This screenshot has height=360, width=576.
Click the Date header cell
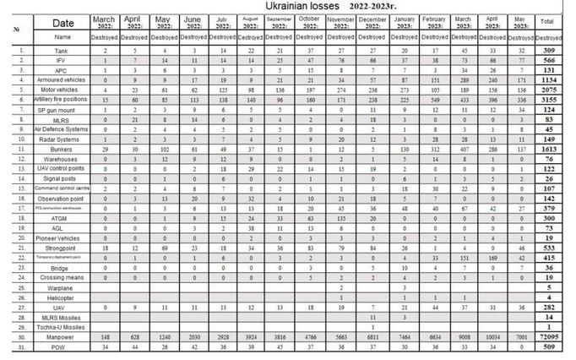[x=62, y=22]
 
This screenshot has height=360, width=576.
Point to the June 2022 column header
[x=192, y=21]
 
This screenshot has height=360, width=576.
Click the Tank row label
[x=62, y=52]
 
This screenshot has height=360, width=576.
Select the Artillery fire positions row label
[x=62, y=100]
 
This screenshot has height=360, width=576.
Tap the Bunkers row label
[x=62, y=149]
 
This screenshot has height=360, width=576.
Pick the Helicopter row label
[x=62, y=297]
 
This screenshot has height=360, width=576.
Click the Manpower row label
[x=62, y=336]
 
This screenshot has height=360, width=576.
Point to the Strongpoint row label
[x=62, y=248]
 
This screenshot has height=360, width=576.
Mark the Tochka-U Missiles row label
[x=62, y=327]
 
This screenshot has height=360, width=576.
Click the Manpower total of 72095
[x=549, y=336]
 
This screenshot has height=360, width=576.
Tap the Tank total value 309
[x=549, y=52]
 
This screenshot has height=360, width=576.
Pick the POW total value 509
[x=549, y=346]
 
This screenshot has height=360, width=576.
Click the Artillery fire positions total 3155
[x=549, y=100]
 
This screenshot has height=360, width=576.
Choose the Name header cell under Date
[x=62, y=37]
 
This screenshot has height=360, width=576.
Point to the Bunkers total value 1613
[x=549, y=149]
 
